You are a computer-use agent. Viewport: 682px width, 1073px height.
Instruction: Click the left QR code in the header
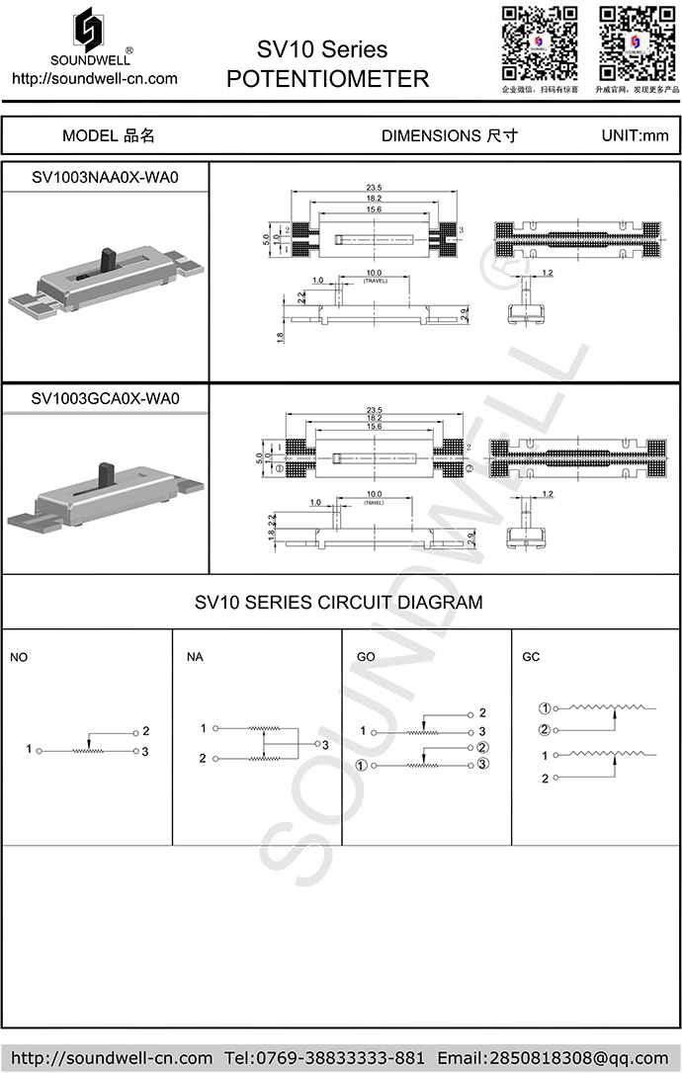[539, 42]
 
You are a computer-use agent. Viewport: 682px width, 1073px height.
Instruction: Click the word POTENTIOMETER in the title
[328, 79]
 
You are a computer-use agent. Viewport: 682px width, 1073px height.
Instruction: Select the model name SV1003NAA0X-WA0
[105, 178]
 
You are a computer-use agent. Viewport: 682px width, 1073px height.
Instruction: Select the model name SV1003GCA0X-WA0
[105, 399]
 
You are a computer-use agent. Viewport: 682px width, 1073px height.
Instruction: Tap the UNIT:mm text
[635, 135]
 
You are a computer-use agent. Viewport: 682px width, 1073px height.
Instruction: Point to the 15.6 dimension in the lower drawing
[374, 426]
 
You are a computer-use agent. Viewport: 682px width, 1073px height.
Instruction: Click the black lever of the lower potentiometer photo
[102, 476]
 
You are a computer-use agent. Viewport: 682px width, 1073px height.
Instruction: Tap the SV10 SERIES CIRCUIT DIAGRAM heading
[339, 601]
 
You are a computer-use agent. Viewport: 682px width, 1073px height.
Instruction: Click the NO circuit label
[19, 657]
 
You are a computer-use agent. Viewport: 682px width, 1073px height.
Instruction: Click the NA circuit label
[196, 657]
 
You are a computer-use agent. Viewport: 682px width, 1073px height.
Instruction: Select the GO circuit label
[366, 657]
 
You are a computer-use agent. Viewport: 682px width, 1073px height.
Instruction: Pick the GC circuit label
[532, 657]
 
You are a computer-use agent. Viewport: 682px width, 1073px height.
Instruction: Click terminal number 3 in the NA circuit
[324, 744]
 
